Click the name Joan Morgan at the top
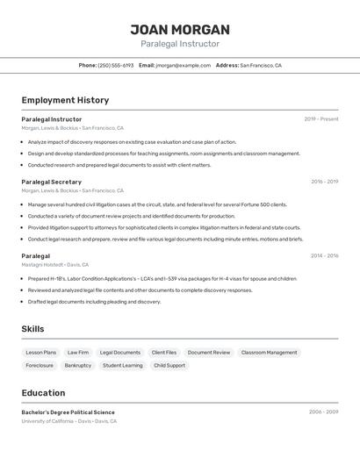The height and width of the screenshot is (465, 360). click(x=180, y=29)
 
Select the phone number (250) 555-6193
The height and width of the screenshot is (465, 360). click(x=116, y=65)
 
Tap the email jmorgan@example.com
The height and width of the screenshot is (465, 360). click(x=184, y=65)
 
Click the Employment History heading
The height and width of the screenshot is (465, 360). click(x=65, y=100)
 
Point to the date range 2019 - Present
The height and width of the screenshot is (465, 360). click(x=321, y=119)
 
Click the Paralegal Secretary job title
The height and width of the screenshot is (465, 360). click(x=52, y=182)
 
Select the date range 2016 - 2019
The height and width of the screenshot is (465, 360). click(x=324, y=182)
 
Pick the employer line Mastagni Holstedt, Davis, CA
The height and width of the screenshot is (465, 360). click(x=54, y=264)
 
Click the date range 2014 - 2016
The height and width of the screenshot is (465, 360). click(x=324, y=256)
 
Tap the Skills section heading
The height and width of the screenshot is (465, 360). click(x=33, y=329)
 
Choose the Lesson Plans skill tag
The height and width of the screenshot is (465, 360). click(x=41, y=353)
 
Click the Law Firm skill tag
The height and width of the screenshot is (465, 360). click(x=78, y=353)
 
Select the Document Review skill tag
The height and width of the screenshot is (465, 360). click(x=209, y=353)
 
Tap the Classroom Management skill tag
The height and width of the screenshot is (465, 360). click(x=269, y=353)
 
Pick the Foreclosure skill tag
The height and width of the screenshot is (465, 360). click(x=40, y=365)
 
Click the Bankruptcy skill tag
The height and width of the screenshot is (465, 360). click(x=78, y=365)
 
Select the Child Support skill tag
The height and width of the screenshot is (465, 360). click(x=169, y=365)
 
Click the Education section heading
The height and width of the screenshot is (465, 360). click(x=44, y=393)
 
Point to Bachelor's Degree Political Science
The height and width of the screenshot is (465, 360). click(x=68, y=412)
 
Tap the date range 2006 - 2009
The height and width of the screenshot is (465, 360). click(x=323, y=411)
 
